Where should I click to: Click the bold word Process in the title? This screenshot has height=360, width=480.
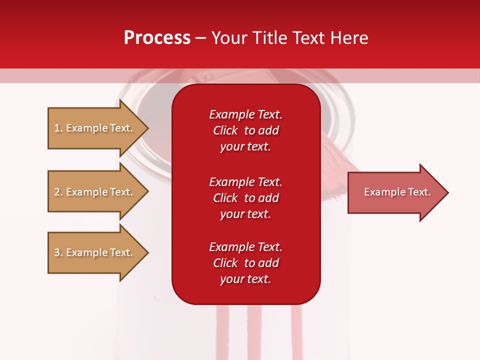point(157,37)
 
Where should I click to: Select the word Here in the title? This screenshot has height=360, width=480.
point(348,37)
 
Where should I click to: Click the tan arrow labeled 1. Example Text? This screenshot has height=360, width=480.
point(95,128)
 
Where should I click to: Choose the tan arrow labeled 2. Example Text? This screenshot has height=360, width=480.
point(95,192)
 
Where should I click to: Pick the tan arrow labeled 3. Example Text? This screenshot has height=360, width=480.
point(95,252)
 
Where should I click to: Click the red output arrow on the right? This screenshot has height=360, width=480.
point(395,192)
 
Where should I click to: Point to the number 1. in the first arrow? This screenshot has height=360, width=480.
point(58,128)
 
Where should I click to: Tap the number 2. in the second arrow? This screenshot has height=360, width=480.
point(58,192)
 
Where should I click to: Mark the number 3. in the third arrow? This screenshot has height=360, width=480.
point(58,252)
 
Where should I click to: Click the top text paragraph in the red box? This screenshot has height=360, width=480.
point(245,130)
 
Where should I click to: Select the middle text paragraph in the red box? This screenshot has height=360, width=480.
point(245,198)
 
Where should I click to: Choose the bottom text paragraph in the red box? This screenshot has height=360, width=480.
point(245,263)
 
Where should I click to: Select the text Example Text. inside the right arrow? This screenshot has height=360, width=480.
point(397,192)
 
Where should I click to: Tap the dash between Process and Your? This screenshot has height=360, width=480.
point(201,38)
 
